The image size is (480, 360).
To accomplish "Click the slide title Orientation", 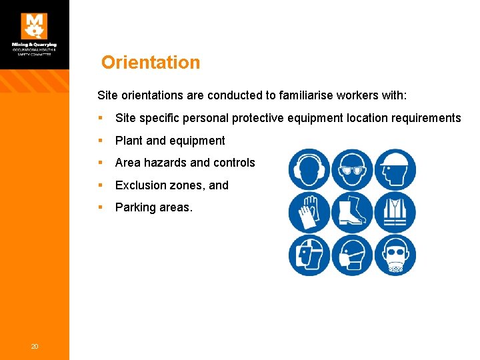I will coord(151,63).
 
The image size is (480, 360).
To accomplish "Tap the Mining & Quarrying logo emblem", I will coord(34,26).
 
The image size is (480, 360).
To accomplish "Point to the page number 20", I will coord(34,345).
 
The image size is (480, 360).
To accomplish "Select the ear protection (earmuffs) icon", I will coord(309,169).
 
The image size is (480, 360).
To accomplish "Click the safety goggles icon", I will coord(352,169).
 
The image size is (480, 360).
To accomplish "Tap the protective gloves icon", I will coord(309,212).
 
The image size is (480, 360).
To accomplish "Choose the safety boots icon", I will coord(352,212).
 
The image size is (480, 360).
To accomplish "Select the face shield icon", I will coord(309,255).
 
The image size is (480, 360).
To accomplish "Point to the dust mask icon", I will coord(352,255).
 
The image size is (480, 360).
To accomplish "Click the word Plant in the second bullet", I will coord(129,141).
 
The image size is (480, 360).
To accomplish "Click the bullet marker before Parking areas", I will coord(100,207).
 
